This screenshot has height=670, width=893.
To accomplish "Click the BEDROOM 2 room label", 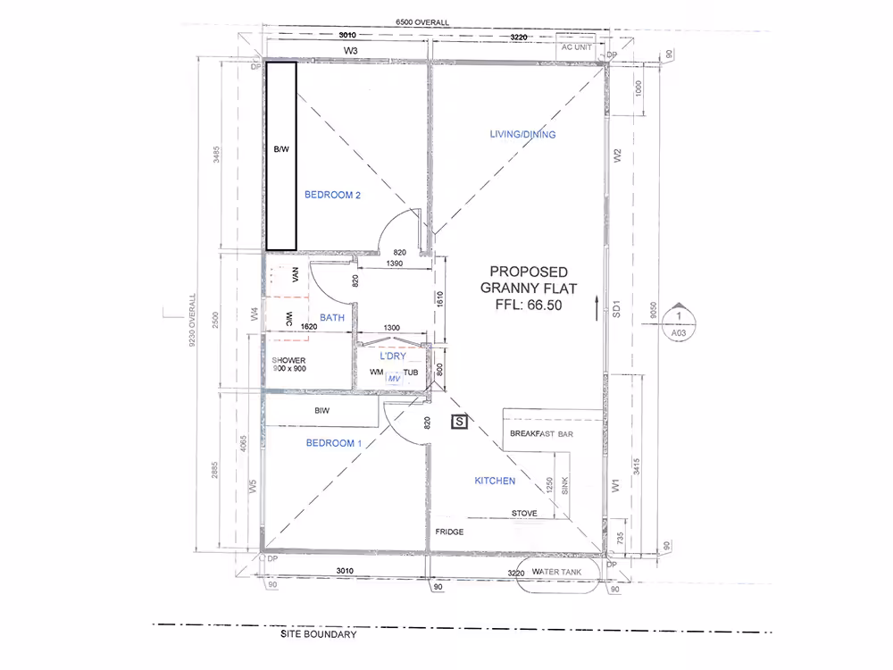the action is click(332, 195).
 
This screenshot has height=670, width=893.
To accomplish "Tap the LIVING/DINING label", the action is click(522, 135).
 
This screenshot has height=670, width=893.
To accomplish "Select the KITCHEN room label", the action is click(495, 481).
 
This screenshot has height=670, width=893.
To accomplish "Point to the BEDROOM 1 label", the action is click(334, 443).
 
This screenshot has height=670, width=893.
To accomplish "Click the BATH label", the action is click(332, 318).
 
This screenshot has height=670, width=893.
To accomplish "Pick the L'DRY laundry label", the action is click(393, 356).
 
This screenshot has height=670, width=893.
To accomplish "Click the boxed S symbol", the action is click(460, 422).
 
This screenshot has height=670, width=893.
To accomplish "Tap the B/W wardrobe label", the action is click(281, 149).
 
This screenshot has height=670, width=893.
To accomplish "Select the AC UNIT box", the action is click(576, 48).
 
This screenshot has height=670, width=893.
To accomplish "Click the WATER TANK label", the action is click(556, 572).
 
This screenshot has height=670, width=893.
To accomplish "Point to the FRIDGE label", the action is click(449, 532).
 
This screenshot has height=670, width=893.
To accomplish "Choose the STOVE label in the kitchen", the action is click(524, 514).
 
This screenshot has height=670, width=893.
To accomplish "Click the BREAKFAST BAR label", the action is click(542, 433).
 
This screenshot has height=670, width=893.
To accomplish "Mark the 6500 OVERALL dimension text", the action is click(422, 22).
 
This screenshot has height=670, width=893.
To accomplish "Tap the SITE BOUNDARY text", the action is click(319, 634).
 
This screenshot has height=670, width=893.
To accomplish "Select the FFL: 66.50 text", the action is click(529, 305).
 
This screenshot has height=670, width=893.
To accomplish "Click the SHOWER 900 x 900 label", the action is click(288, 364).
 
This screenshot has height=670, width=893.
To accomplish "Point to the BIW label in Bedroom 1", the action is click(321, 410).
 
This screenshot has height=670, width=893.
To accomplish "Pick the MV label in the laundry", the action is click(394, 378).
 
